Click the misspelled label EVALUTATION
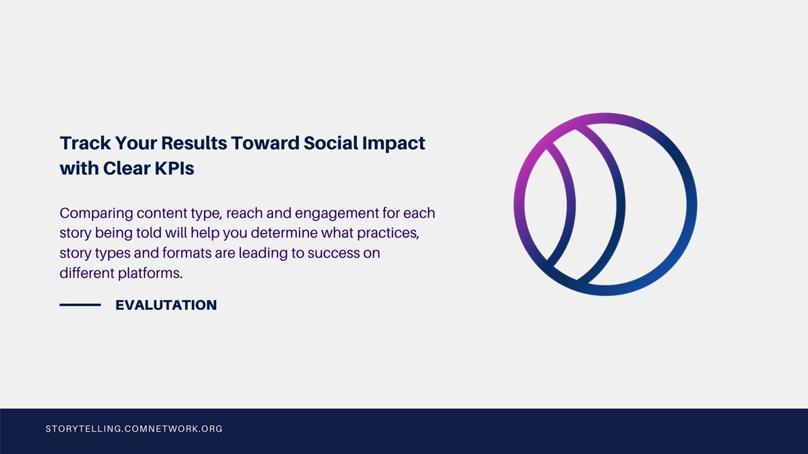[x=166, y=305]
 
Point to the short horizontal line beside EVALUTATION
[x=80, y=305]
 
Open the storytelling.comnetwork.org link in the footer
[x=133, y=428]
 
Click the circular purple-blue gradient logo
[x=605, y=204]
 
